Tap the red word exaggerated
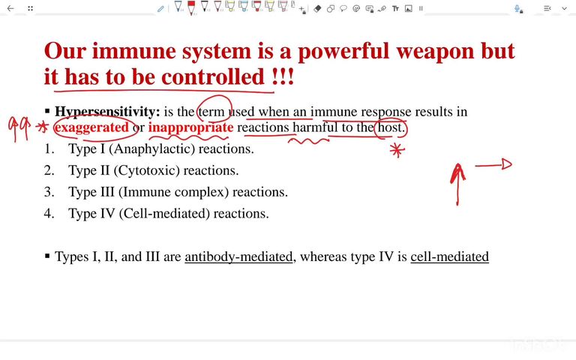pos(91,127)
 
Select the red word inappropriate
pos(190,127)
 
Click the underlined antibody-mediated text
pos(238,257)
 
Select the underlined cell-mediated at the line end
pos(449,257)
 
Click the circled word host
pos(391,127)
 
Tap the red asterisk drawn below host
pos(397,151)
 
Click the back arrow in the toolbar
pos(10,9)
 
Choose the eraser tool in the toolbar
pos(317,9)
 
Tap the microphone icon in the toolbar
pos(517,9)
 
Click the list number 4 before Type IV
pos(49,214)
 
